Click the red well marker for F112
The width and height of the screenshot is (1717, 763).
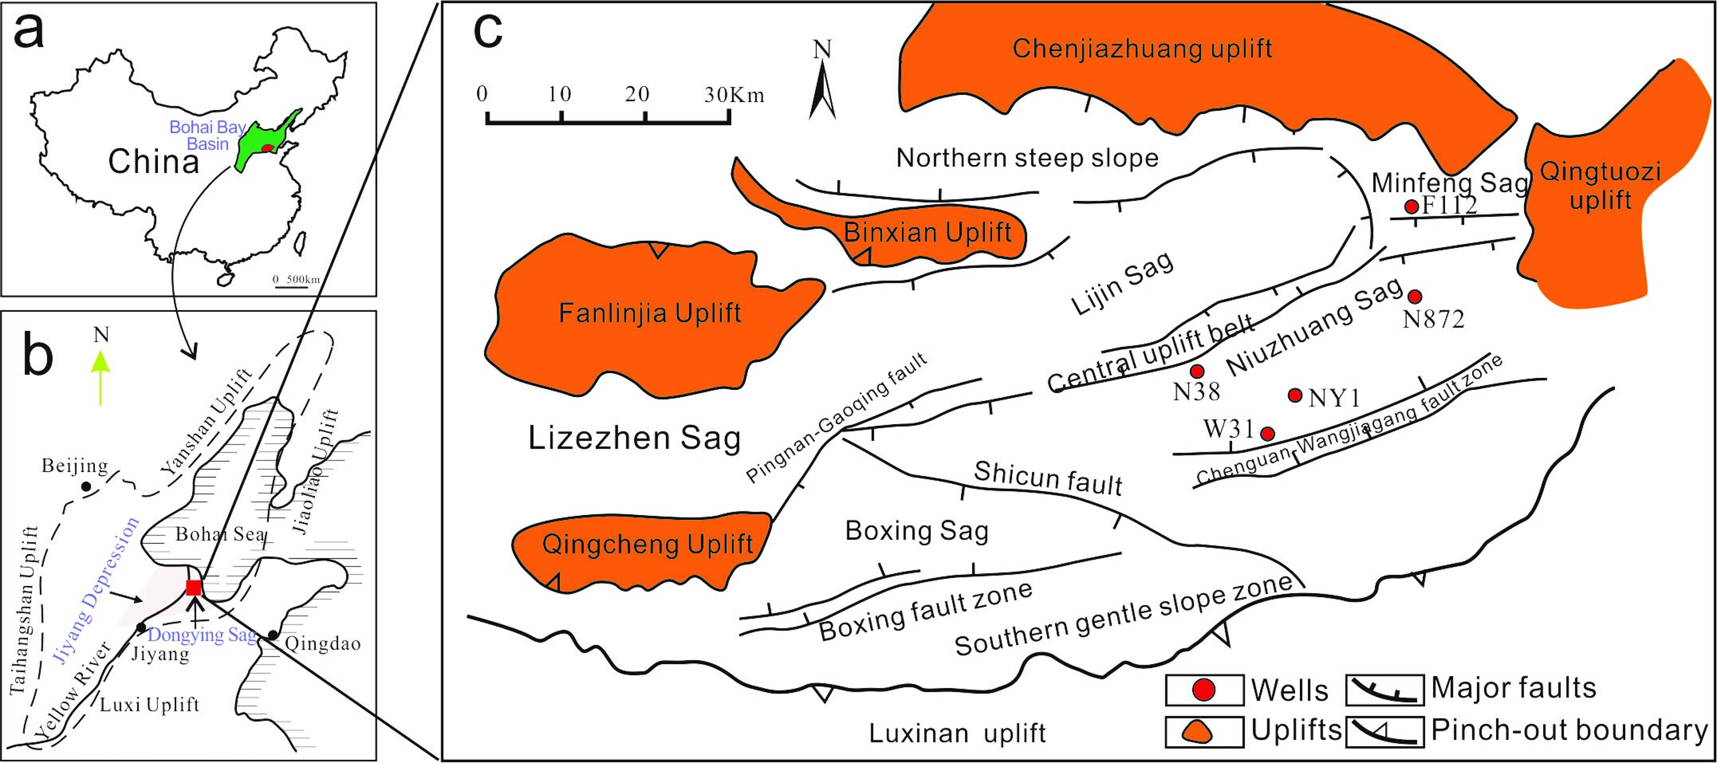click(1411, 207)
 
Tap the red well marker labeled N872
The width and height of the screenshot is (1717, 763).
click(1414, 296)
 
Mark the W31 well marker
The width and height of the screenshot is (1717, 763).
click(1267, 434)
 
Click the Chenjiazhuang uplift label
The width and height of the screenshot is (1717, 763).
click(1142, 49)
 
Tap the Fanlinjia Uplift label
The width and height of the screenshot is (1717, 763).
click(650, 313)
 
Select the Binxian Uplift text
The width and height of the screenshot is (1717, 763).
click(928, 232)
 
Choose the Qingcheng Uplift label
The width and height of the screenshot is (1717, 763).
click(647, 544)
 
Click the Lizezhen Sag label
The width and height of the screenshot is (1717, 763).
click(634, 438)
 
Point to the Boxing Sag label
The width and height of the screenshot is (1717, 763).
click(916, 531)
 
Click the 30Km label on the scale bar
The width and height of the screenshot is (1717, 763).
click(733, 94)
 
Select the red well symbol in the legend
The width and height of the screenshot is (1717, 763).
click(1204, 690)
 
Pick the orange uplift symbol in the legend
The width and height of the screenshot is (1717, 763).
click(1204, 731)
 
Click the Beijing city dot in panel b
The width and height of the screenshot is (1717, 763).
click(86, 487)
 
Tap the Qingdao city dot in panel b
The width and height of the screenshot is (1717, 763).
click(272, 634)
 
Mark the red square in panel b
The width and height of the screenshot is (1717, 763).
click(194, 587)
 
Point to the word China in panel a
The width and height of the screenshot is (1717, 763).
click(153, 162)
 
